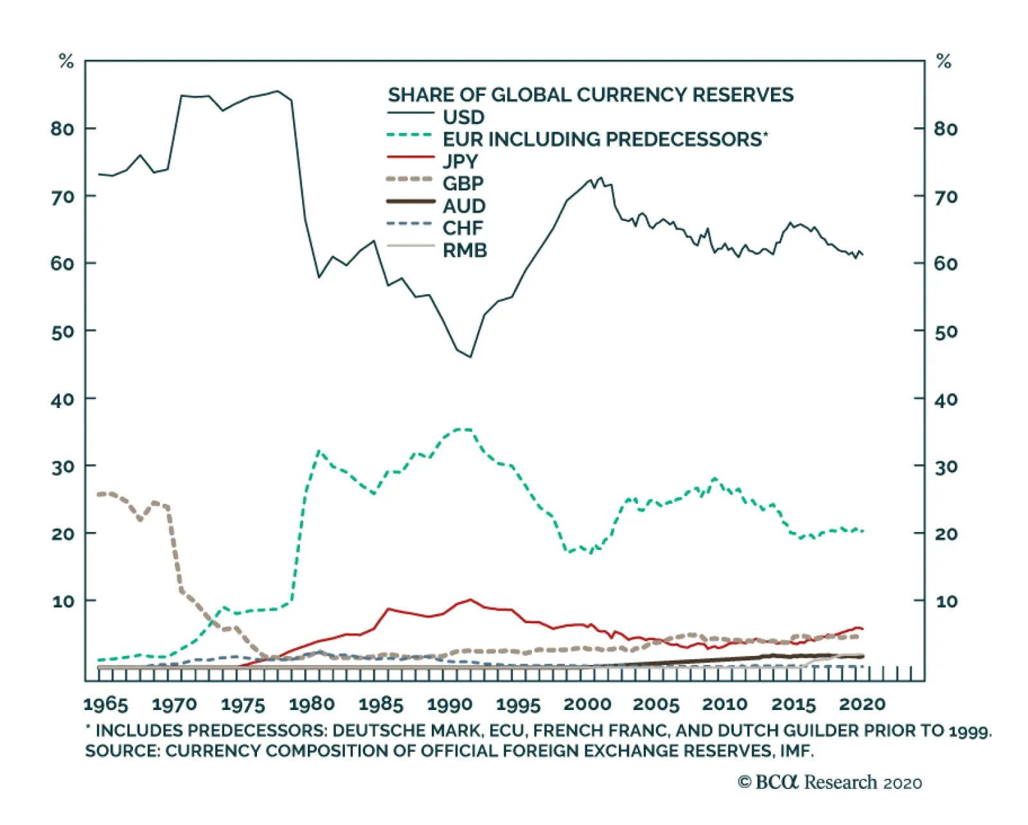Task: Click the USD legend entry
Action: (x=463, y=118)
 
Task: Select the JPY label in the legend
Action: (x=460, y=161)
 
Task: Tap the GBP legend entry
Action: (x=463, y=184)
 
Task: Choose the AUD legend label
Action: (x=464, y=206)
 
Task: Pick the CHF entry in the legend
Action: (x=463, y=228)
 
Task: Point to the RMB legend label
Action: (x=465, y=251)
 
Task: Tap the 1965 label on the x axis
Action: (x=105, y=704)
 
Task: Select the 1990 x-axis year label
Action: (x=450, y=704)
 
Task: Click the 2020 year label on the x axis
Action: (x=862, y=704)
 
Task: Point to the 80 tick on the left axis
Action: (x=62, y=129)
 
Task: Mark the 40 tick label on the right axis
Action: (x=946, y=400)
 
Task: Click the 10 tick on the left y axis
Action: (x=64, y=601)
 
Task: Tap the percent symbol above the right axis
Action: (x=943, y=62)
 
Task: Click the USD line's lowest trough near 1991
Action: (x=470, y=357)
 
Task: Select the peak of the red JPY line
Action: (x=470, y=599)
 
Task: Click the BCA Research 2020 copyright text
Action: (x=829, y=783)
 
